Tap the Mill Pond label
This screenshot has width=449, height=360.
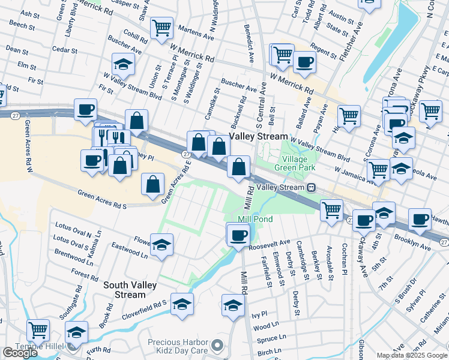tap(255, 220)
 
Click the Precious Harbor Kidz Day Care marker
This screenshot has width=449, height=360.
tap(218, 346)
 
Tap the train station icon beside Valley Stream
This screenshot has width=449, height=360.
tap(312, 188)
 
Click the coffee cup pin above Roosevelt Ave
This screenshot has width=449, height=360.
tap(238, 234)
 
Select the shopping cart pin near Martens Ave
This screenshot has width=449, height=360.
tap(161, 28)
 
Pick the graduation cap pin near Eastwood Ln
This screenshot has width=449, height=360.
tap(161, 245)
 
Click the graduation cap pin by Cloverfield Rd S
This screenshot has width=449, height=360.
tap(182, 304)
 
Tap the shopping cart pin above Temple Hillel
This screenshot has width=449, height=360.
tap(38, 329)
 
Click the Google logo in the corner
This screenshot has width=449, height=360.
tap(20, 353)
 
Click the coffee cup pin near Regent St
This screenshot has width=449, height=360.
tap(305, 62)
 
